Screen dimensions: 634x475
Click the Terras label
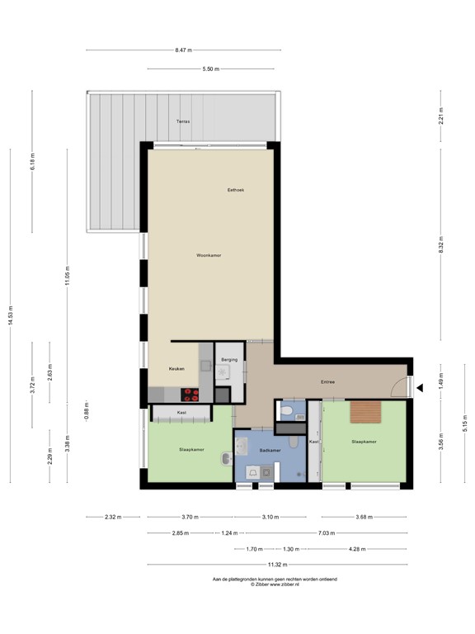pyautogui.click(x=182, y=121)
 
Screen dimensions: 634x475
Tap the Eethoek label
pyautogui.click(x=236, y=190)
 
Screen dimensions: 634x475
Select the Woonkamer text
pyautogui.click(x=209, y=255)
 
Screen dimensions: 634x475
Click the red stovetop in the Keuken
pyautogui.click(x=192, y=394)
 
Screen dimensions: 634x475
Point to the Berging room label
pyautogui.click(x=230, y=360)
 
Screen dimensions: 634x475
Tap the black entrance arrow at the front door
pyautogui.click(x=421, y=387)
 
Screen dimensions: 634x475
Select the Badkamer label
pyautogui.click(x=270, y=451)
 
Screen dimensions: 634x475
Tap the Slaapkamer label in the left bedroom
pyautogui.click(x=192, y=450)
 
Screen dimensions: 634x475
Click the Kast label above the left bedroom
pyautogui.click(x=181, y=412)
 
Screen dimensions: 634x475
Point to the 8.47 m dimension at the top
pyautogui.click(x=183, y=50)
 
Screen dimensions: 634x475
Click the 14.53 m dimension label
pyautogui.click(x=11, y=316)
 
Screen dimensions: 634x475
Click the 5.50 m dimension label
pyautogui.click(x=210, y=69)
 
